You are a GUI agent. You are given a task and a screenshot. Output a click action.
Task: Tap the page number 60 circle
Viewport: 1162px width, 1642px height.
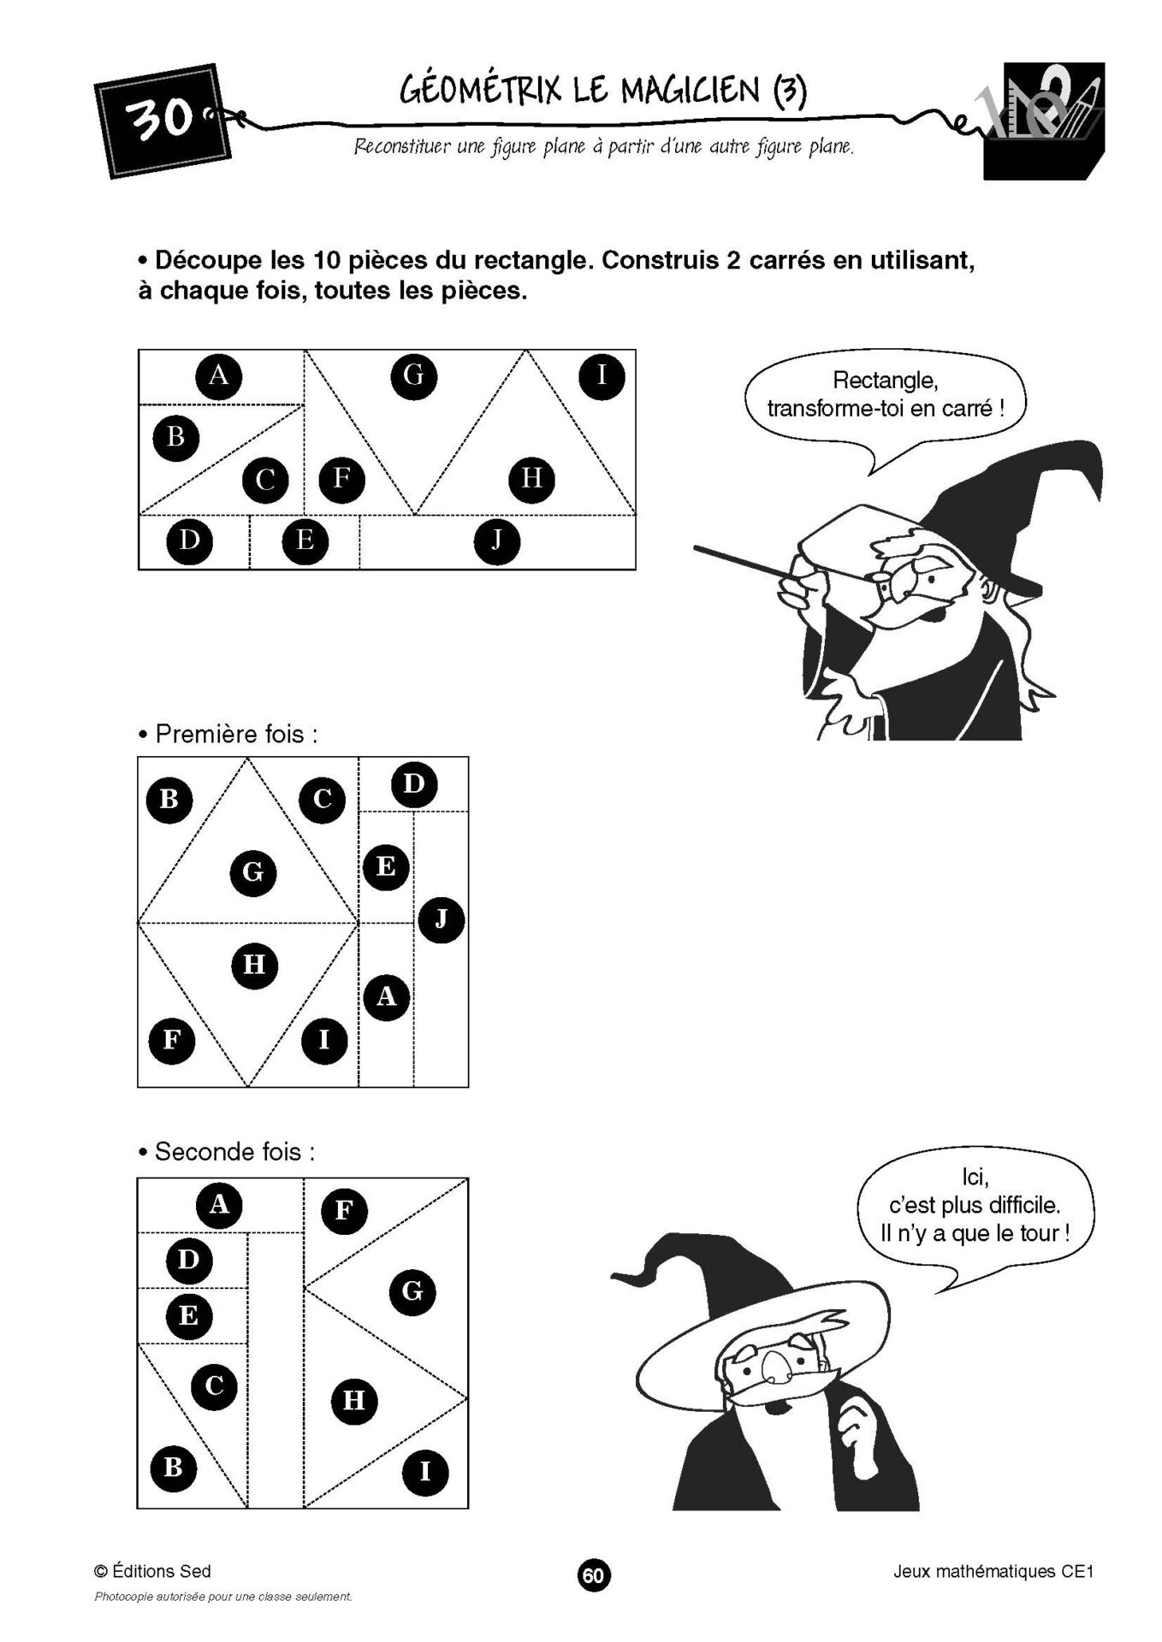(x=594, y=1574)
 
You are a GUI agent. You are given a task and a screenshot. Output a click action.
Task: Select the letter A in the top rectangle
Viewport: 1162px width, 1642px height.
(x=219, y=375)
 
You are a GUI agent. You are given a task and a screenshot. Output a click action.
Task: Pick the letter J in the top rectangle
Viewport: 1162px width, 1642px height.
(x=496, y=541)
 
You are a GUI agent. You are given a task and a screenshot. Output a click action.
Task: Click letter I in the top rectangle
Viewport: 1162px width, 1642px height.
(x=602, y=375)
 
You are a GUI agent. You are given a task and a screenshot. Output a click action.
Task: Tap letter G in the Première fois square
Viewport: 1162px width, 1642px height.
(x=253, y=873)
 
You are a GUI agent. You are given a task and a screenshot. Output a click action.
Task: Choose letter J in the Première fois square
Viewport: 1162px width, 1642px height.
(x=441, y=919)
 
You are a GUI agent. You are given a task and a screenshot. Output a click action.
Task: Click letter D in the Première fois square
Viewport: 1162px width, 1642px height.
(x=413, y=784)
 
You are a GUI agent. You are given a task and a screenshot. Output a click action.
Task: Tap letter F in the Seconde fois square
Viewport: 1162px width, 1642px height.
(x=344, y=1210)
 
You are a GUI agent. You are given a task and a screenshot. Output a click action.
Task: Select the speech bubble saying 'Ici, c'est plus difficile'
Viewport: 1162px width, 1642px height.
(x=975, y=1206)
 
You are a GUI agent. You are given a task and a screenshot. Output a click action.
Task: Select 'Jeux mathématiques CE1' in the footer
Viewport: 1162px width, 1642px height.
(x=993, y=1571)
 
